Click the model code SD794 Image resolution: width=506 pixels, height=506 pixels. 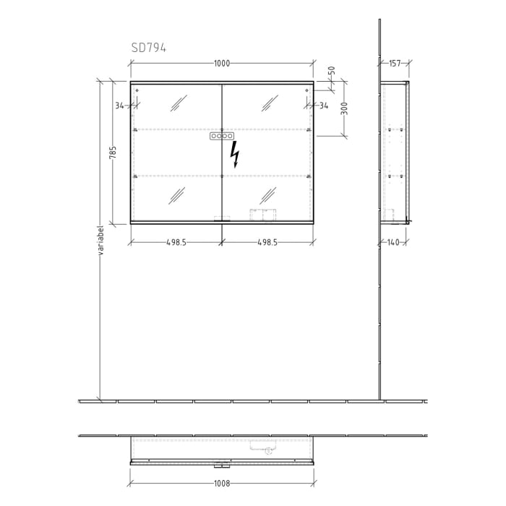[x=148, y=48]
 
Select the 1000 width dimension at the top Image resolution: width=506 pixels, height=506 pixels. [x=222, y=64]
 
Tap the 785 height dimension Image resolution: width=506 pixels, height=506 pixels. [x=113, y=153]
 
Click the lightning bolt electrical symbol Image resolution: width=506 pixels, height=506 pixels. [x=234, y=154]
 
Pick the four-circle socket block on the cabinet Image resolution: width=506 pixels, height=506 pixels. [x=222, y=136]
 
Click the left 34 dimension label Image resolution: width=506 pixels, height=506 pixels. [x=119, y=106]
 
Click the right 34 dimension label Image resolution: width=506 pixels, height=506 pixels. [x=323, y=106]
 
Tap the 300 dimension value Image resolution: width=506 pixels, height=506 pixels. [x=344, y=108]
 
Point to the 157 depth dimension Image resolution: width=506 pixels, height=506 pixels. [x=395, y=64]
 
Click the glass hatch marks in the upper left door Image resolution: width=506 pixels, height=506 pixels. [x=177, y=104]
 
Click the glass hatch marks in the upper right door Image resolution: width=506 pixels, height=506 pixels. [x=267, y=104]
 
